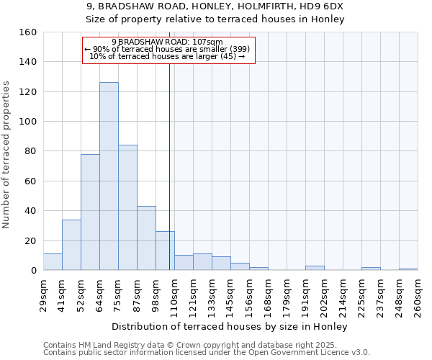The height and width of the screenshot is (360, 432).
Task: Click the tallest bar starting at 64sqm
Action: tap(109, 176)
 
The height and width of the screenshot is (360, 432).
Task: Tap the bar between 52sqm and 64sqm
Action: tap(90, 212)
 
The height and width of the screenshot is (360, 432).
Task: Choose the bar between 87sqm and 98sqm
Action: tap(146, 238)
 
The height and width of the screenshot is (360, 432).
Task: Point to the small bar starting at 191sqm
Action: tap(315, 268)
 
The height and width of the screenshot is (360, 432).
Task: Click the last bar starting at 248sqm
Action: tap(408, 269)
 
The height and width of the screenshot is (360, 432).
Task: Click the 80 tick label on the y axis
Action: tap(30, 151)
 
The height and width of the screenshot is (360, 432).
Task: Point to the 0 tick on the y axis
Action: tap(32, 270)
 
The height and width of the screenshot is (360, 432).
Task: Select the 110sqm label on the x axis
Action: tap(174, 295)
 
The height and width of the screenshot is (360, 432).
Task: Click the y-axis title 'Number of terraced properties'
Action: tap(6, 155)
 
